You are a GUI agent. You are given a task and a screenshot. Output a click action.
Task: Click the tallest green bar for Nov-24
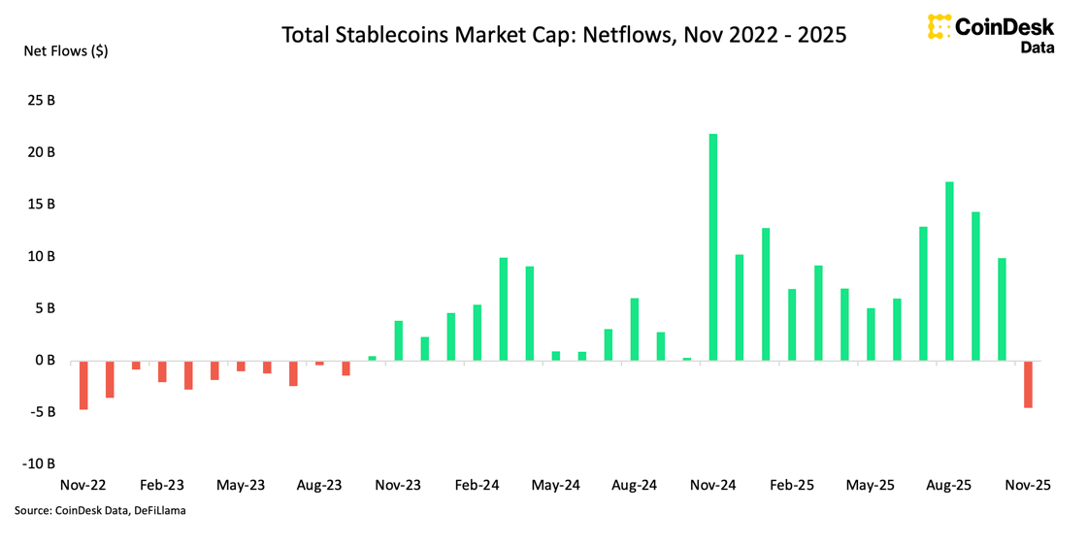(x=713, y=247)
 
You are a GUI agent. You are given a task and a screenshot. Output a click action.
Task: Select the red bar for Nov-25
(x=1028, y=384)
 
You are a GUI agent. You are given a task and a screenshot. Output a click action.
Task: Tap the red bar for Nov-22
(x=83, y=385)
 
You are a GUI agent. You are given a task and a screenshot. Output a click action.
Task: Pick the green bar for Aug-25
(x=949, y=271)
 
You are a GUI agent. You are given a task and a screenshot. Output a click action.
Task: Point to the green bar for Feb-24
(x=478, y=333)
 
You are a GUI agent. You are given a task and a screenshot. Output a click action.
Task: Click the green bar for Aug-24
(x=635, y=330)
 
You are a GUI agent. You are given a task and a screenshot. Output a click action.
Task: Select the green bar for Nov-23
(x=398, y=341)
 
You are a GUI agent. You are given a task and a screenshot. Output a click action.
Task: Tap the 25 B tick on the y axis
(x=41, y=100)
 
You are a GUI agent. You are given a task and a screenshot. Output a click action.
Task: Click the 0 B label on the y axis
(x=45, y=360)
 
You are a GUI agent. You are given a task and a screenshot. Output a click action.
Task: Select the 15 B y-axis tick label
(x=41, y=204)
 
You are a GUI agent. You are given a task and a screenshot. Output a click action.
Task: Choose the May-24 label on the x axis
(x=555, y=485)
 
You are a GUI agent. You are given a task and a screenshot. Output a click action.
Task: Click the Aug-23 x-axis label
(x=319, y=485)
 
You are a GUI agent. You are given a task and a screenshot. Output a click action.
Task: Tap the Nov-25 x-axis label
(x=1028, y=485)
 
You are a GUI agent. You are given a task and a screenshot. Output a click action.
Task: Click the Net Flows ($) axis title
(x=66, y=50)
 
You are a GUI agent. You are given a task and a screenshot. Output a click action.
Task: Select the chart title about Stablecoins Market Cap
(x=564, y=35)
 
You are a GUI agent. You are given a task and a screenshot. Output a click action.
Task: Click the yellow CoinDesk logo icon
(x=938, y=27)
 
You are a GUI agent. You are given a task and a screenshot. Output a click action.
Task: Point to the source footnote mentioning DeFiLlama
(x=100, y=510)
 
